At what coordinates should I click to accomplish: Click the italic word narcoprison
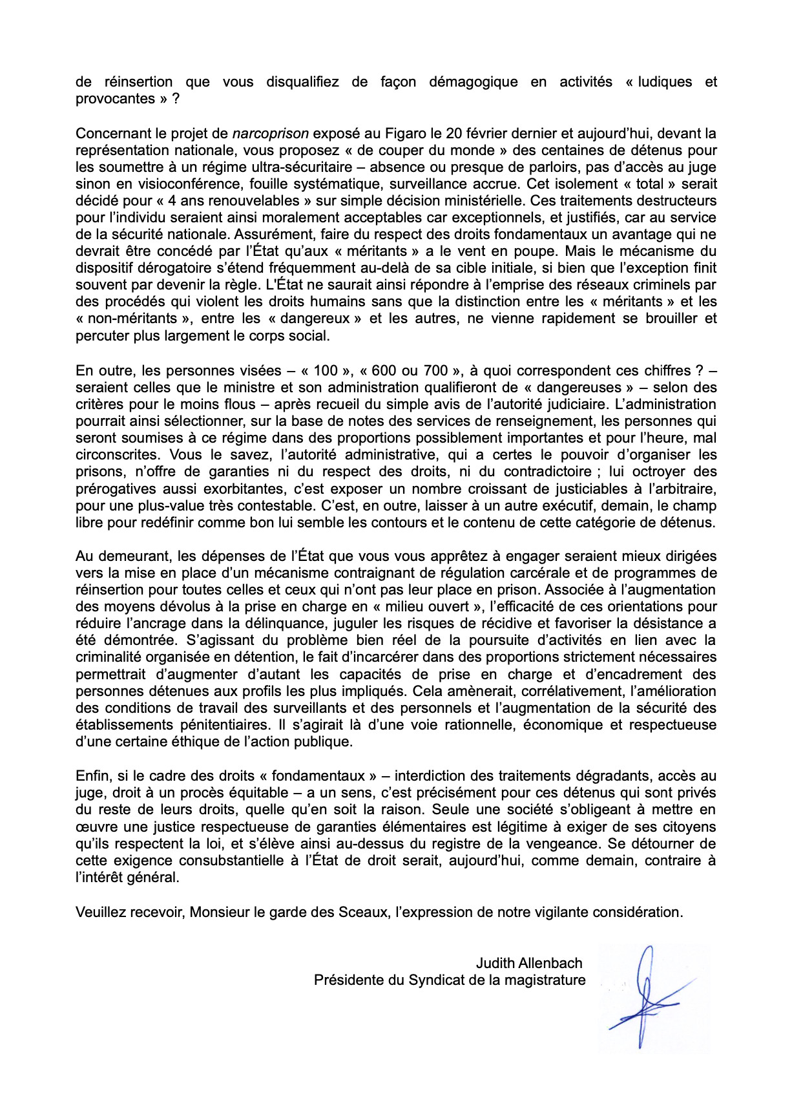pyautogui.click(x=271, y=134)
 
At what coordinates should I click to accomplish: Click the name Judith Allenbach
pyautogui.click(x=529, y=964)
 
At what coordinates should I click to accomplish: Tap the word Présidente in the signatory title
pyautogui.click(x=349, y=980)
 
